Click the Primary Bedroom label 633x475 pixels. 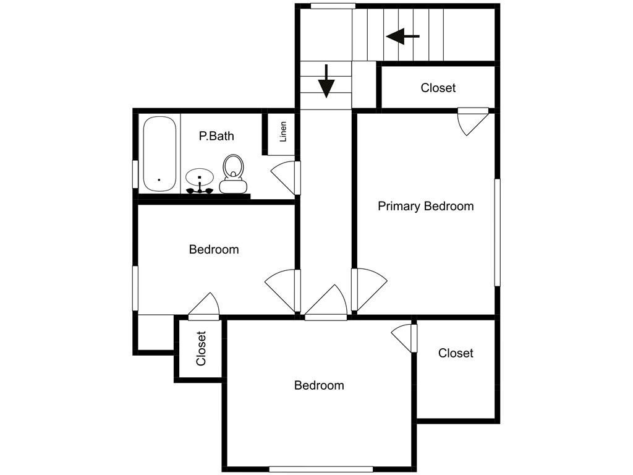pos(425,207)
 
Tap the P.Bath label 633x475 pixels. pos(216,136)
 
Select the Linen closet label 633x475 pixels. pos(283,132)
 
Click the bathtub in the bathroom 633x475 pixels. pos(159,154)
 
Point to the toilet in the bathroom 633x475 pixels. pos(233,174)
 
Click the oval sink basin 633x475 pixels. pos(200,176)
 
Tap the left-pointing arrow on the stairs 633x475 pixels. pos(402,36)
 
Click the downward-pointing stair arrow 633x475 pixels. pos(326,81)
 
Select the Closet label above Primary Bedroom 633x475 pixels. pos(438,88)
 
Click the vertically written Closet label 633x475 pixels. pos(201,349)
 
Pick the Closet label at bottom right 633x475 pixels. pos(456,353)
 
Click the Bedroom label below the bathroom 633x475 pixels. pos(214,249)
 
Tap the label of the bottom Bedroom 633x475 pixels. pos(319,385)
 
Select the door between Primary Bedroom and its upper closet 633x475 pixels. pos(473,121)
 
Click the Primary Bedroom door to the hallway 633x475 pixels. pos(369,289)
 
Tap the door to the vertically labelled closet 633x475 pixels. pos(204,307)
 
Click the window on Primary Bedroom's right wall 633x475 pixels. pos(498,233)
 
